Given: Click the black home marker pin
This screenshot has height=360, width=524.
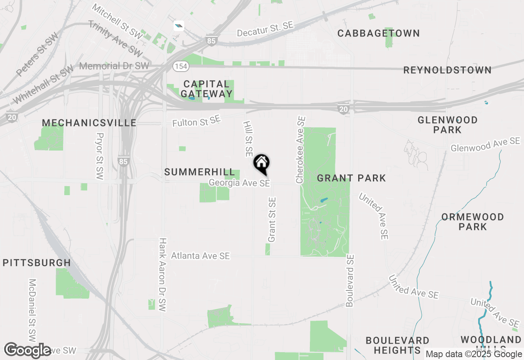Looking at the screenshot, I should point(262,164).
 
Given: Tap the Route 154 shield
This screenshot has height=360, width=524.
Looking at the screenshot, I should point(181,66).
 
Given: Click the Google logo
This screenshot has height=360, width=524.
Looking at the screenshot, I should point(27,350).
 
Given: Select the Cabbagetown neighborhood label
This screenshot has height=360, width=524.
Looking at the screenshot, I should point(379,34).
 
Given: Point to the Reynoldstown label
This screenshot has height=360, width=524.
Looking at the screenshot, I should point(447,70).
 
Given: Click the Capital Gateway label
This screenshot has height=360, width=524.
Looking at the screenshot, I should point(206,89).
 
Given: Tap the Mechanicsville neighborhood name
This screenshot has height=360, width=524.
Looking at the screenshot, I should point(89,123).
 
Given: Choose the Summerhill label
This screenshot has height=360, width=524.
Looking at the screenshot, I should point(200,172).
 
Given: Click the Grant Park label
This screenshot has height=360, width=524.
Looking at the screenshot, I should point(351,178).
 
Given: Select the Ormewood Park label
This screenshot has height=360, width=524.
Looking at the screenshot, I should point(472,221).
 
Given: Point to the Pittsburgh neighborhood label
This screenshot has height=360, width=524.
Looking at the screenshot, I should point(36,263).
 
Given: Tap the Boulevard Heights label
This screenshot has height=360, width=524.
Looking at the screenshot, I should point(397,345).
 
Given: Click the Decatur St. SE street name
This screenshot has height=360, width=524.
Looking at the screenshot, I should point(265,29).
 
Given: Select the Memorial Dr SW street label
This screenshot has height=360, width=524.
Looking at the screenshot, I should point(114,66).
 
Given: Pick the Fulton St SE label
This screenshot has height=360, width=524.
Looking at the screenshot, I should point(196,121).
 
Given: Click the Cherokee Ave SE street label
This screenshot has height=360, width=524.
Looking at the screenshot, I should point(301,150).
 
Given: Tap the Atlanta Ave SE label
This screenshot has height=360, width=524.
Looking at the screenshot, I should point(200,256).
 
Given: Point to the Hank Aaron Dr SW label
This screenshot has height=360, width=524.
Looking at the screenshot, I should point(163,275).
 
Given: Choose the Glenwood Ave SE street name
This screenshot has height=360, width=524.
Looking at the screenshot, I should point(485,144).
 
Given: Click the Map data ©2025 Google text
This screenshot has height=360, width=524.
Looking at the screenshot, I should point(474,354).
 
